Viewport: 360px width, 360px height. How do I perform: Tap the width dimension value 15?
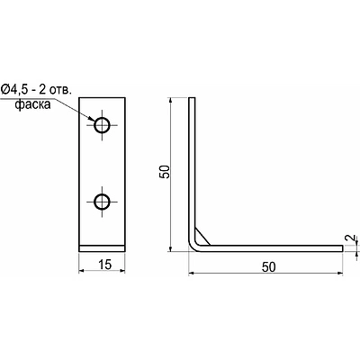tap(104, 265)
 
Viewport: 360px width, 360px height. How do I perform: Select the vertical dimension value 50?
tap(165, 172)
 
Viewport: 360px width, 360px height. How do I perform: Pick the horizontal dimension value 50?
tap(268, 266)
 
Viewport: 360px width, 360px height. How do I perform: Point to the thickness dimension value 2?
tap(349, 238)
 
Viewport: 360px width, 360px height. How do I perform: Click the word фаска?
tap(32, 104)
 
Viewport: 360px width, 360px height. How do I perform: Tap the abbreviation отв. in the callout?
tap(60, 90)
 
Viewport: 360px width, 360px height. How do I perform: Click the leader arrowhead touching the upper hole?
tap(91, 119)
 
